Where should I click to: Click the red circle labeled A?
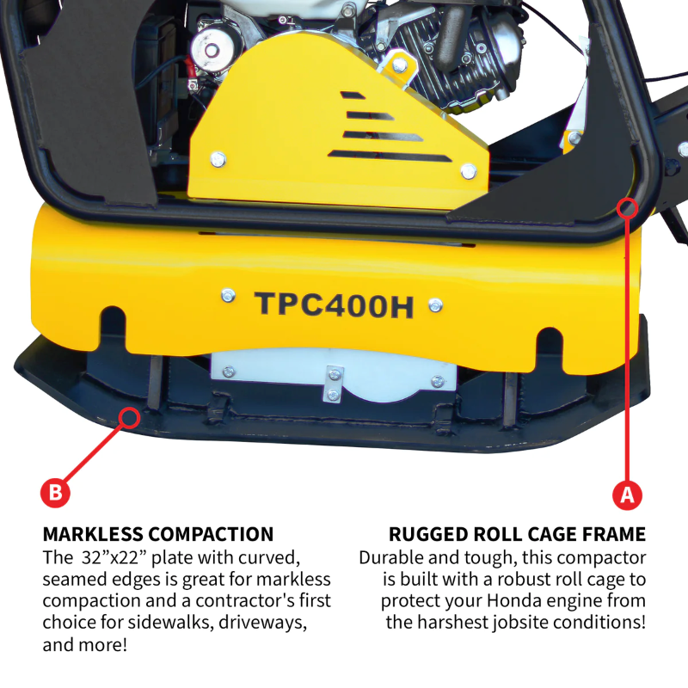627,494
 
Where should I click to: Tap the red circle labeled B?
54,493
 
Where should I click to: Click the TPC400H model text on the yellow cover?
334,304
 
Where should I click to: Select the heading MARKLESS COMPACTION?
158,534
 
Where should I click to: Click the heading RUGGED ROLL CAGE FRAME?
517,534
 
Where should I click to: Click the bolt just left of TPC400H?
227,296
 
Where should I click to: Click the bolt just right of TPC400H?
436,304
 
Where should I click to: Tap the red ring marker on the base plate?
130,418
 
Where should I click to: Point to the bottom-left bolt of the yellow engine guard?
218,158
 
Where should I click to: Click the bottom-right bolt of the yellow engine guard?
468,170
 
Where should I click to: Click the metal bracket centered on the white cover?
334,383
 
